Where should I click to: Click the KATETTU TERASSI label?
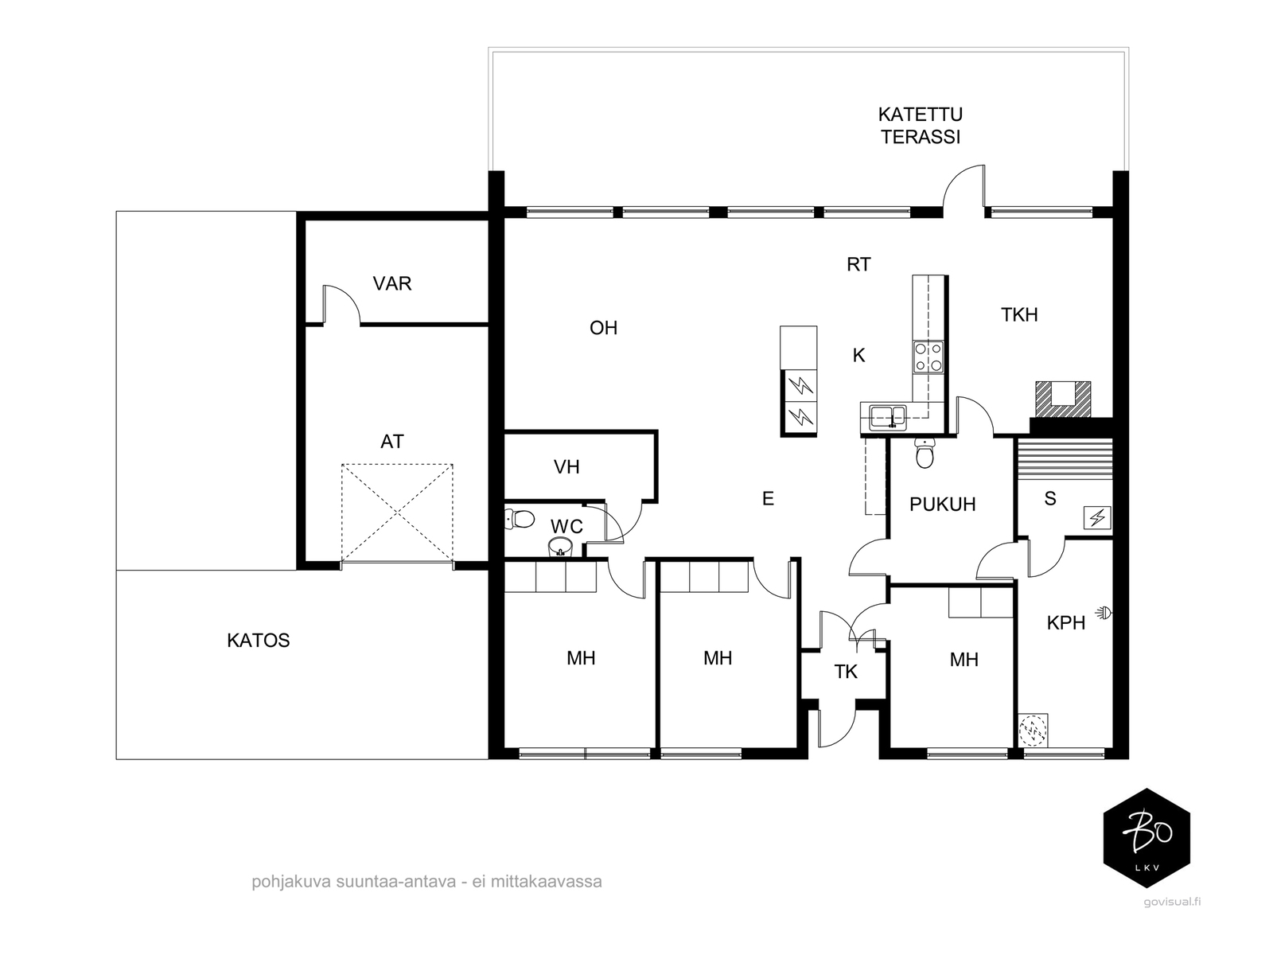point(921,125)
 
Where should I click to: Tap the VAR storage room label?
point(392,283)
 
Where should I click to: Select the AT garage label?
point(392,442)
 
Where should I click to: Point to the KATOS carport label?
point(258,640)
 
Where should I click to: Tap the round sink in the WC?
point(560,546)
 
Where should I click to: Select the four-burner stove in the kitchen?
point(928,357)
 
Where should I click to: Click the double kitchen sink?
point(887,416)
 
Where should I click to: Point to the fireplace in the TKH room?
point(1063,399)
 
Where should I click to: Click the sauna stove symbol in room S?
point(1097,517)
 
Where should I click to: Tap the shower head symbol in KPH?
point(1104,611)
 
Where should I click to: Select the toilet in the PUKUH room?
point(925,454)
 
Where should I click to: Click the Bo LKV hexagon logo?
point(1146,838)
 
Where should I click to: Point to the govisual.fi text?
point(1172,902)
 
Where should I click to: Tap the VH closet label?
point(566,467)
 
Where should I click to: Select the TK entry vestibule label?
point(846,672)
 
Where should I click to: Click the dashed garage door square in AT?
point(397,513)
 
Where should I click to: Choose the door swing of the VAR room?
point(341,303)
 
